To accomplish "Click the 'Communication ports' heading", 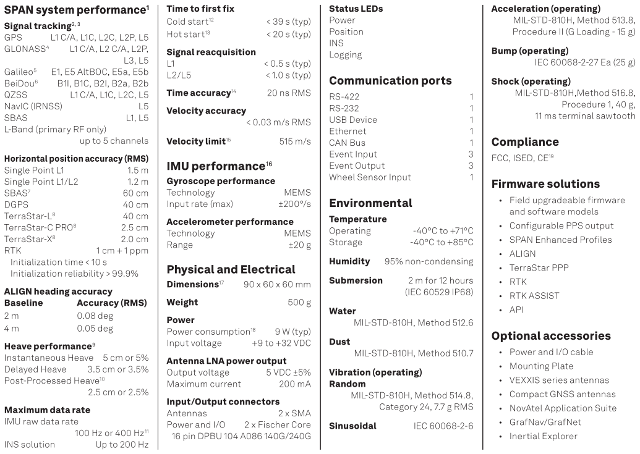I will click(390, 80).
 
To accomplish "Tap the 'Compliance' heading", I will click(525, 142).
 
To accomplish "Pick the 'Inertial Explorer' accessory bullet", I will click(544, 437).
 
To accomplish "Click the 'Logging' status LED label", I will click(346, 55).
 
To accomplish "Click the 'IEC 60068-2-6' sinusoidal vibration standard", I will click(443, 426).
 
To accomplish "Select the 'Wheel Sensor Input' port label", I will click(370, 178).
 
